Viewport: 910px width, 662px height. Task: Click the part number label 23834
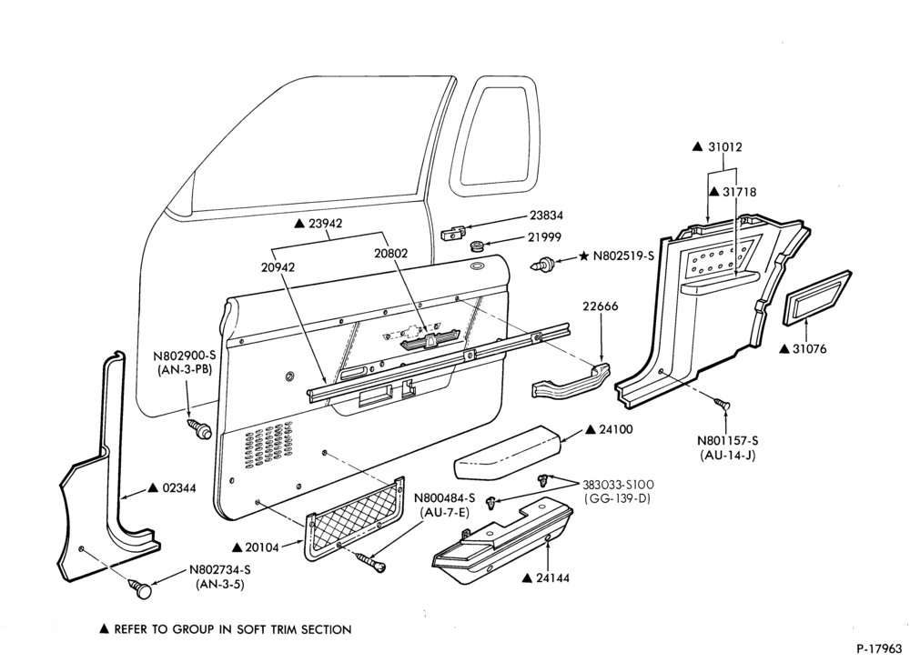(x=546, y=216)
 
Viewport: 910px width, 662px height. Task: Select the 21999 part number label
(x=545, y=237)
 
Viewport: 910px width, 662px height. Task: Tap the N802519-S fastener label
(x=622, y=256)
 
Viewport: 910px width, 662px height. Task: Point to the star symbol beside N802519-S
(x=583, y=256)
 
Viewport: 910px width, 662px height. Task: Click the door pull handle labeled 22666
(x=571, y=382)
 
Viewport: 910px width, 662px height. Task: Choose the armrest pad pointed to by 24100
(x=508, y=452)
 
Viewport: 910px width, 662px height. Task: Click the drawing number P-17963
(x=879, y=647)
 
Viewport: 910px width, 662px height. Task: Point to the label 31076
(x=809, y=348)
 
